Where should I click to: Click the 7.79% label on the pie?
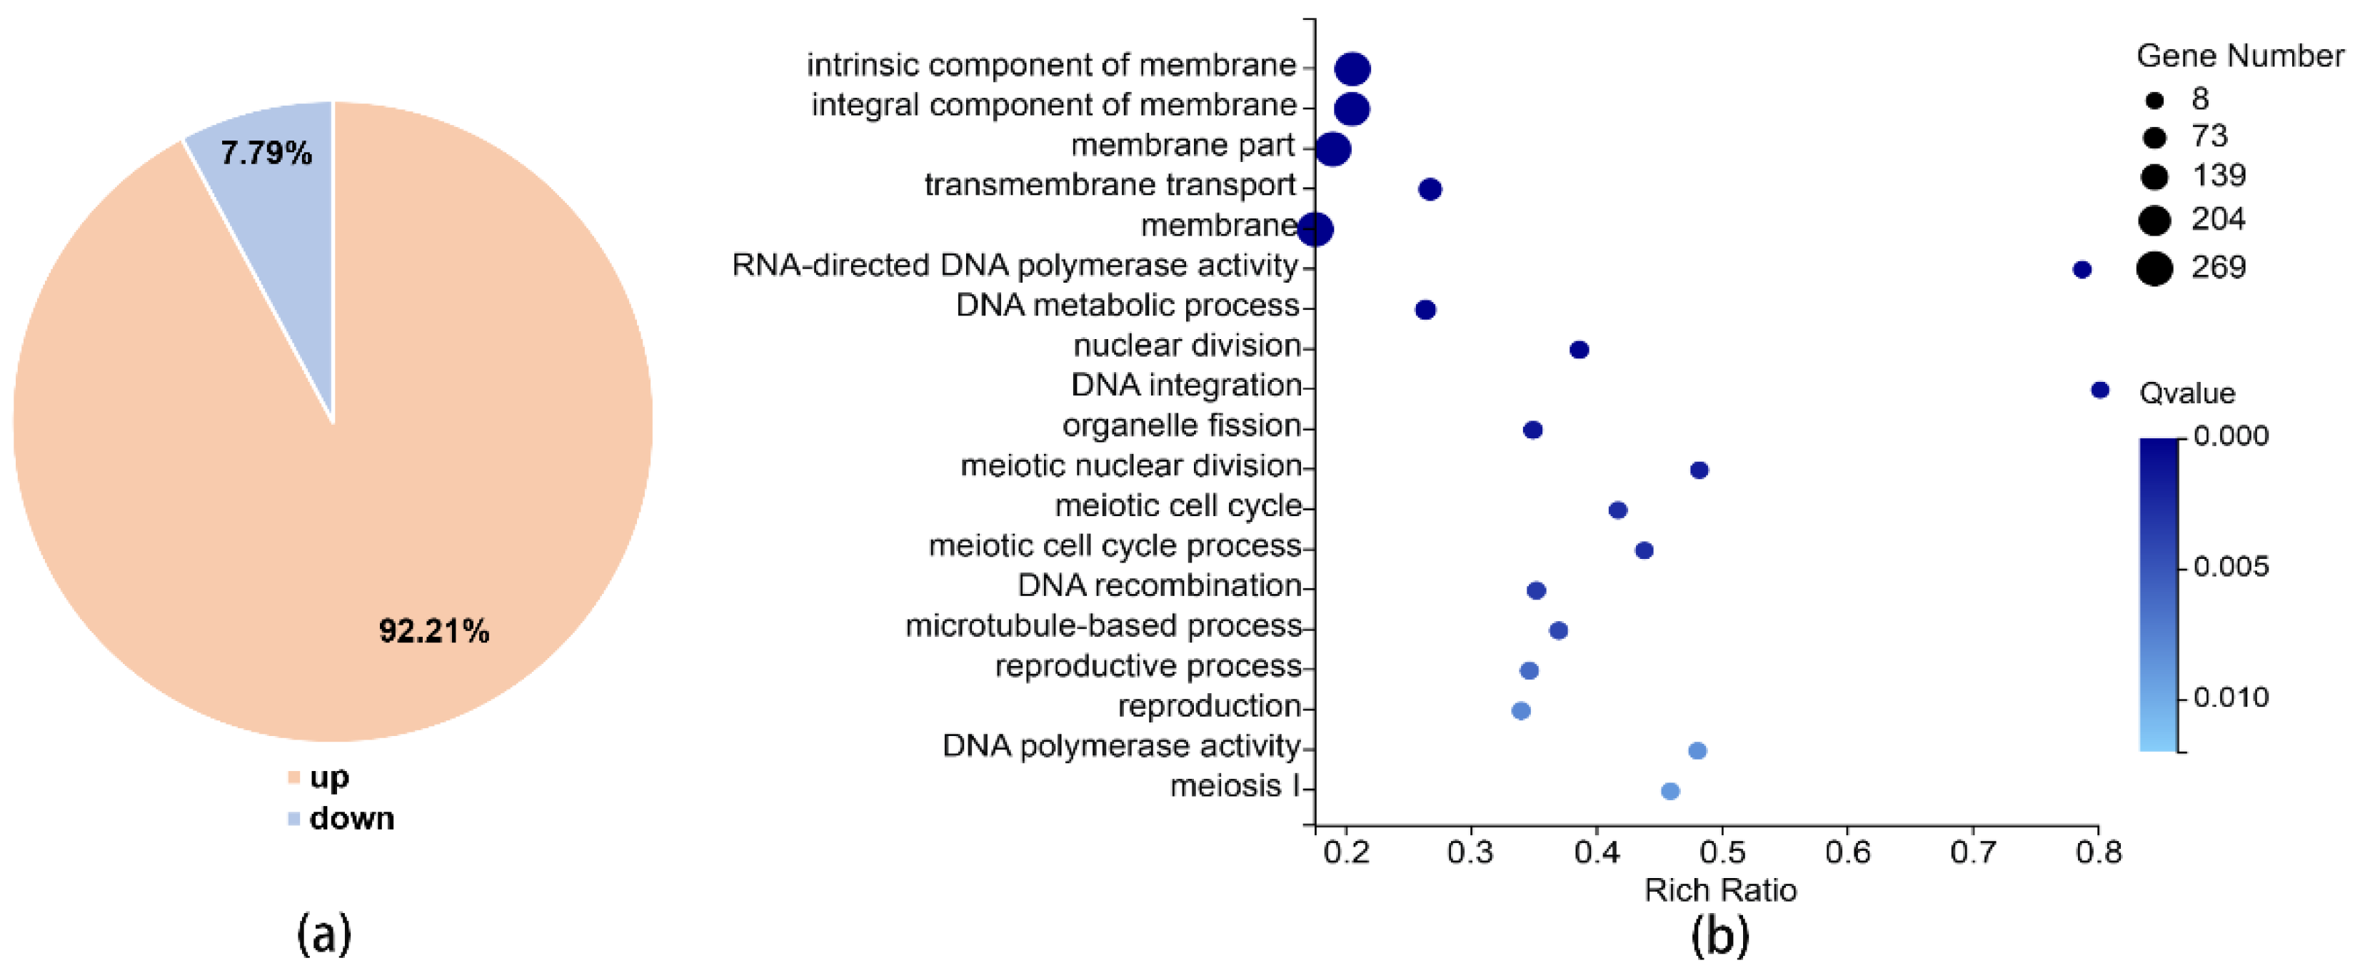pyautogui.click(x=266, y=153)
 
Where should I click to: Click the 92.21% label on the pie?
pyautogui.click(x=433, y=631)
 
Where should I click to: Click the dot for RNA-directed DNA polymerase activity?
pyautogui.click(x=2082, y=269)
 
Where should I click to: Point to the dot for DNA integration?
pyautogui.click(x=2100, y=390)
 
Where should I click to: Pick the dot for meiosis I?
pyautogui.click(x=1670, y=791)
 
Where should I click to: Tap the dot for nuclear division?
pyautogui.click(x=1580, y=350)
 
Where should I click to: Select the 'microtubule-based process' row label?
pyautogui.click(x=1103, y=625)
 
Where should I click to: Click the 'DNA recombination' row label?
pyautogui.click(x=1159, y=585)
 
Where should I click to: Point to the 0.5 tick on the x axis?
pyautogui.click(x=1722, y=852)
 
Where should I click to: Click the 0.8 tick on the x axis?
pyautogui.click(x=2098, y=852)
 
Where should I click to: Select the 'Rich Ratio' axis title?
pyautogui.click(x=1719, y=890)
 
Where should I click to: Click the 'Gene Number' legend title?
pyautogui.click(x=2239, y=56)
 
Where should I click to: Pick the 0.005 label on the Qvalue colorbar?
pyautogui.click(x=2231, y=567)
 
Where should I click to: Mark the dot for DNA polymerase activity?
pyautogui.click(x=1697, y=751)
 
